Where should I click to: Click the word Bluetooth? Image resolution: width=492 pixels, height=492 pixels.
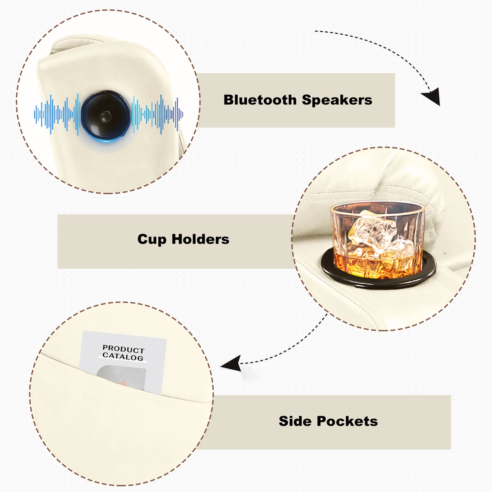pyautogui.click(x=260, y=100)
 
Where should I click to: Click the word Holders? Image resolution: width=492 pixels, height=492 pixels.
pyautogui.click(x=200, y=239)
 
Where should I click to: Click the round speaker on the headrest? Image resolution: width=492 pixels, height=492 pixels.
pyautogui.click(x=105, y=115)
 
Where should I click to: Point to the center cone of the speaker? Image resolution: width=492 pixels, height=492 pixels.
pyautogui.click(x=105, y=116)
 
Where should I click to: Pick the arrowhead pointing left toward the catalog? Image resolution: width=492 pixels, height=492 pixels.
pyautogui.click(x=231, y=364)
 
